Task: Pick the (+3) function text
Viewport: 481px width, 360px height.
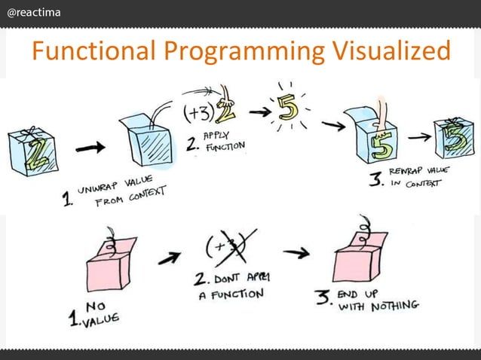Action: (x=198, y=114)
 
